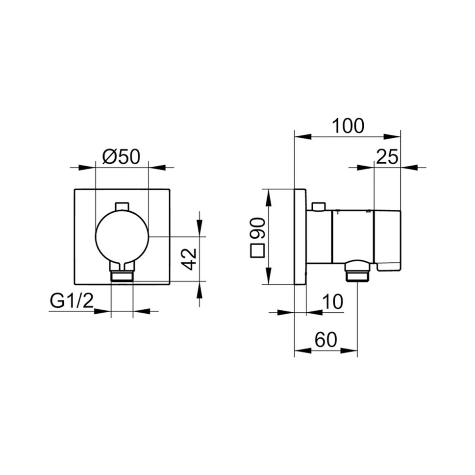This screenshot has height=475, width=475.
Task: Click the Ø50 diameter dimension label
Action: pyautogui.click(x=121, y=156)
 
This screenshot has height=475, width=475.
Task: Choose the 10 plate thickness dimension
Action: pyautogui.click(x=333, y=302)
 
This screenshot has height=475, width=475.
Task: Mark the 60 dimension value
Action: pyautogui.click(x=325, y=340)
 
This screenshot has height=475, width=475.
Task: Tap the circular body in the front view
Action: pyautogui.click(x=122, y=236)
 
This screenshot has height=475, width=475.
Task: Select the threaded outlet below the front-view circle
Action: pyautogui.click(x=122, y=275)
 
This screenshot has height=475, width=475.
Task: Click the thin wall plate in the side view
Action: pyautogui.click(x=300, y=236)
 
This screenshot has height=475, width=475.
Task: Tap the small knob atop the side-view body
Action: pyautogui.click(x=319, y=206)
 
